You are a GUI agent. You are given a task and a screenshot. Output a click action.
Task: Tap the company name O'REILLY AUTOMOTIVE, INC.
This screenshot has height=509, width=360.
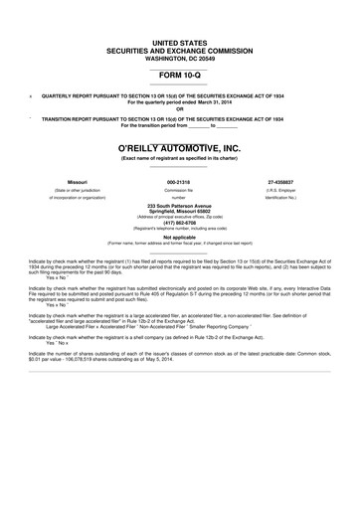[179, 148]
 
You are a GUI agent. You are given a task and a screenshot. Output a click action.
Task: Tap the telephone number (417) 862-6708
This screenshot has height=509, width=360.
[179, 224]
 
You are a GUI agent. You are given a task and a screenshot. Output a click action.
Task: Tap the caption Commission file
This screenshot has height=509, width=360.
[179, 191]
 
